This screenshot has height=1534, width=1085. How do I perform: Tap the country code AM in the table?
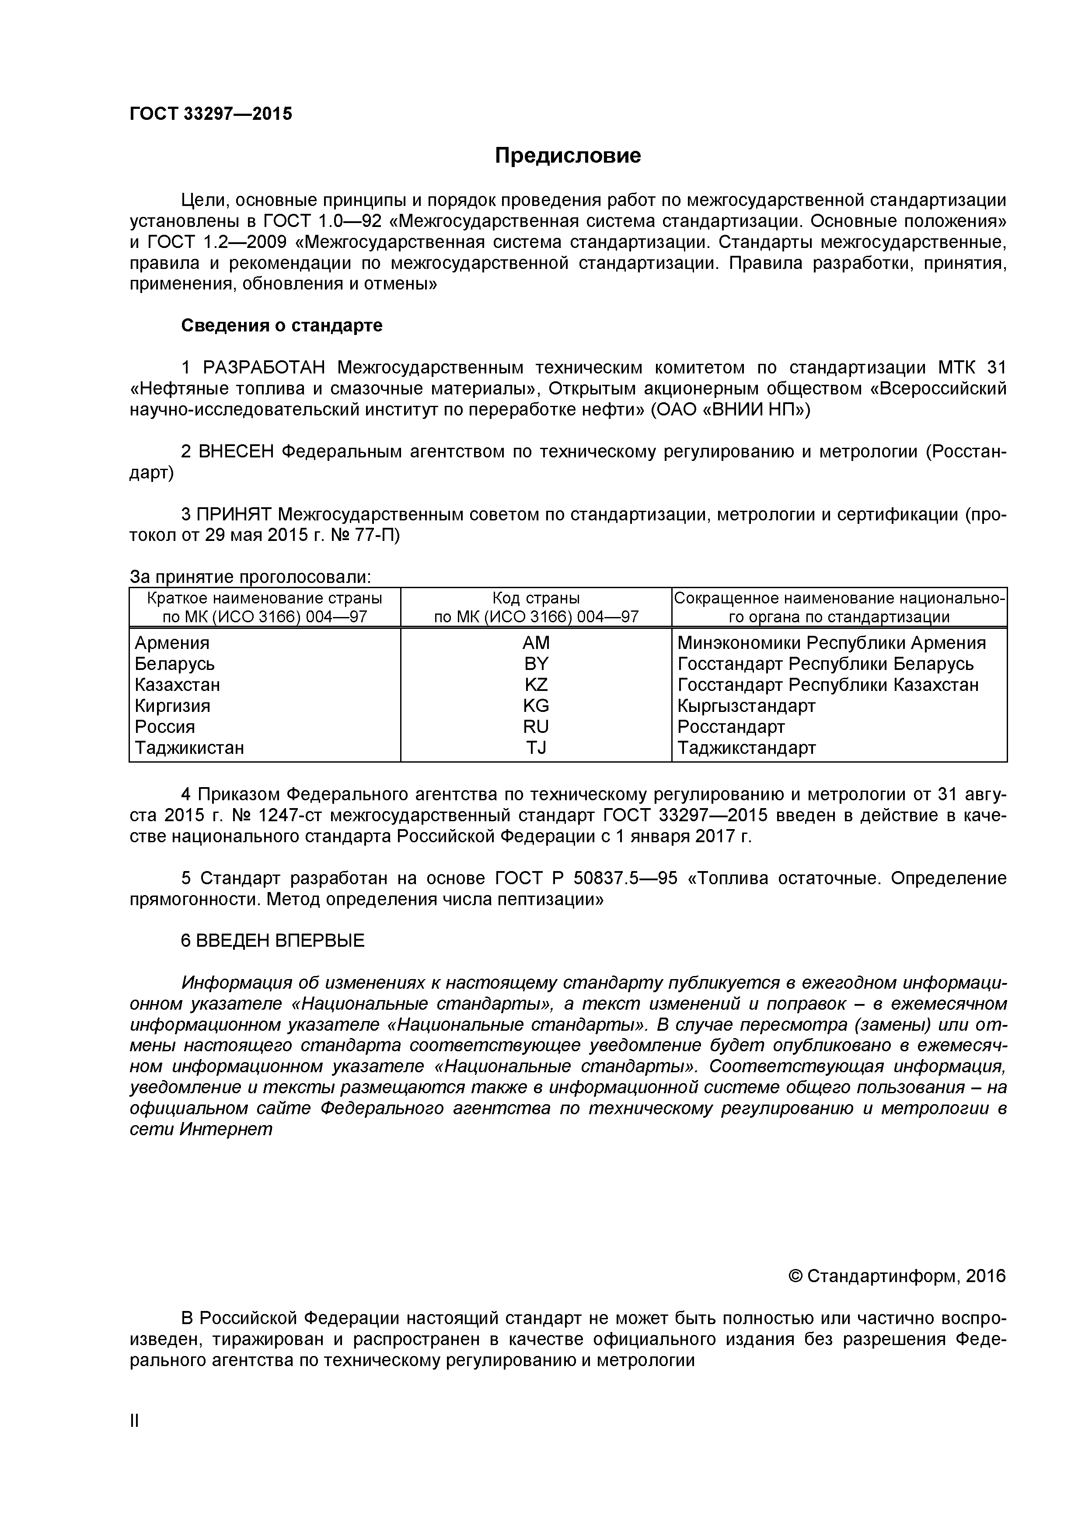tap(536, 643)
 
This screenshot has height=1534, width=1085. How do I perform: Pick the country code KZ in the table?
tap(536, 685)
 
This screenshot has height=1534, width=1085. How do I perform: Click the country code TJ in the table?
tap(536, 748)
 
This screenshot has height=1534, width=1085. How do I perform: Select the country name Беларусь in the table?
tap(174, 664)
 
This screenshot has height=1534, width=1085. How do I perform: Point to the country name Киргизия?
tap(172, 705)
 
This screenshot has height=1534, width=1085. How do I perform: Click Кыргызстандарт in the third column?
tap(746, 705)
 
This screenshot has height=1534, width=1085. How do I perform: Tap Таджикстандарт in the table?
tap(746, 748)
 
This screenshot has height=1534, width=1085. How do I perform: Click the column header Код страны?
tap(536, 598)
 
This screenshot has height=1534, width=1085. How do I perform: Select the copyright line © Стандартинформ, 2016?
tap(897, 1276)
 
